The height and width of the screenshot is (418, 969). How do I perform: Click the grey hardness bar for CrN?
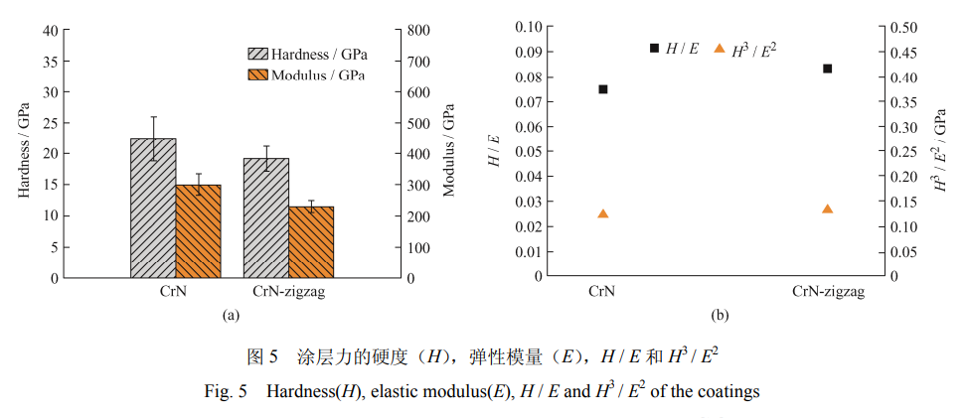(x=153, y=209)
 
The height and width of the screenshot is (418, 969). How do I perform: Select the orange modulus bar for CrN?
(x=198, y=231)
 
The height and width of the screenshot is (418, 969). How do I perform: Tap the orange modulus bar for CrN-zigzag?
(x=311, y=242)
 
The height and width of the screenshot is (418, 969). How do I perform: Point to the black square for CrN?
(x=602, y=89)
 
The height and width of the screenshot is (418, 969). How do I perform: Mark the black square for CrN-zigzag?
(x=827, y=69)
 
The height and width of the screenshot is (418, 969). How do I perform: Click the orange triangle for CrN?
(x=602, y=213)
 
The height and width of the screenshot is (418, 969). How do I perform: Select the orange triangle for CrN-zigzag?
(x=827, y=209)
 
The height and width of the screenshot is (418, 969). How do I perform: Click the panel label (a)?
(x=231, y=316)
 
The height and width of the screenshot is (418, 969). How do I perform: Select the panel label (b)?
(x=720, y=316)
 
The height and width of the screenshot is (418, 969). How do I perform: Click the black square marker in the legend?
(x=654, y=48)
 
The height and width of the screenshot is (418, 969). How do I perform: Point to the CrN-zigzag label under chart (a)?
(x=289, y=292)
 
